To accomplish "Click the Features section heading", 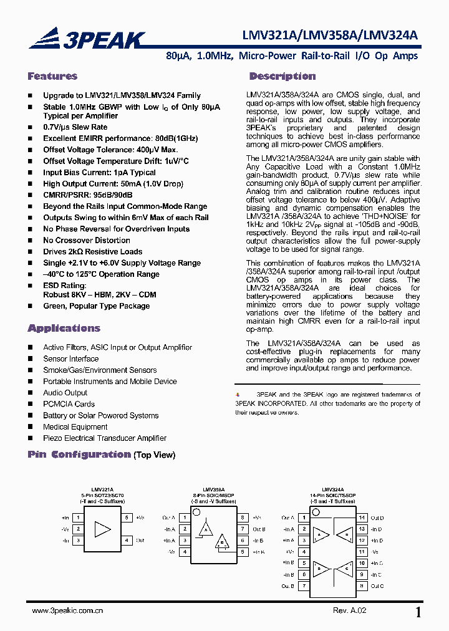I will tap(52, 76).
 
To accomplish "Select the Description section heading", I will tap(282, 76).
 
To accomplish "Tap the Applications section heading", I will tap(64, 328).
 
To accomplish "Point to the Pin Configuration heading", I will tap(79, 455).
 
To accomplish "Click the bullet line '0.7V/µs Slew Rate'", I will tap(75, 127).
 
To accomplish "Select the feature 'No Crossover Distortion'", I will tap(87, 240).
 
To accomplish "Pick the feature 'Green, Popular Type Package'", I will tap(96, 306).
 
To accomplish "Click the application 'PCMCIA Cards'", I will tap(69, 404).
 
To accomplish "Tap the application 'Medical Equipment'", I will tap(75, 426).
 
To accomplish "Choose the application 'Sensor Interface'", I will tap(70, 359).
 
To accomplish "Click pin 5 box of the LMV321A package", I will tap(127, 518).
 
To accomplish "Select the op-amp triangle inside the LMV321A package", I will tap(102, 529).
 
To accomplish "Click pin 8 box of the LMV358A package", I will tap(243, 518).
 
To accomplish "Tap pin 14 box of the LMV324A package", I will tap(362, 518).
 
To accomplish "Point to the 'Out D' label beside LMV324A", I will tap(377, 518).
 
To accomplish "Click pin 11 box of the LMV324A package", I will tap(362, 552).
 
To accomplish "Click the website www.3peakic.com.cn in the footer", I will tap(67, 611).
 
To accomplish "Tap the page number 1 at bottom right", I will tap(418, 612).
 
